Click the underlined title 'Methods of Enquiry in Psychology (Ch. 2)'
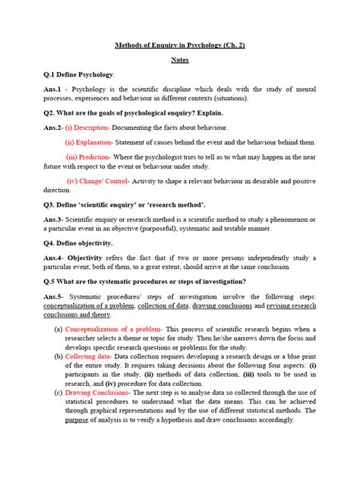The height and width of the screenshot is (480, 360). coord(180,46)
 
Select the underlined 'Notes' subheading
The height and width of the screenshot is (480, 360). coord(180,59)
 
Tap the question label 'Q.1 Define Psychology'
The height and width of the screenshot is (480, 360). coord(69,74)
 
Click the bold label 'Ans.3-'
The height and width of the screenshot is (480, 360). coord(36,219)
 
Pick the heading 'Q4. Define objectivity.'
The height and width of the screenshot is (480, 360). coord(68,243)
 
